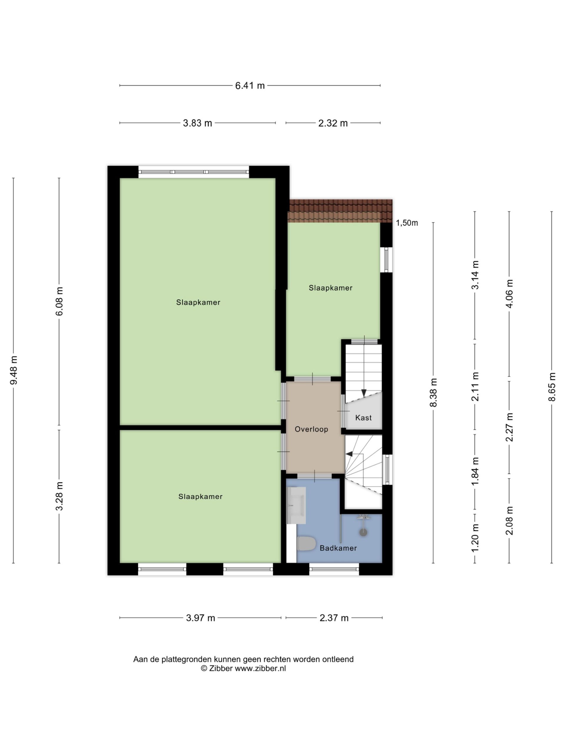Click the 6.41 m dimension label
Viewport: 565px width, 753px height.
[250, 85]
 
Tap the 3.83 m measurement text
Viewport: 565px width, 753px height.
[197, 123]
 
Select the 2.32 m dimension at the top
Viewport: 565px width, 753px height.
[333, 123]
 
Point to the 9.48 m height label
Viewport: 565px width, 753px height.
[14, 370]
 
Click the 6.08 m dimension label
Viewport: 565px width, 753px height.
[59, 301]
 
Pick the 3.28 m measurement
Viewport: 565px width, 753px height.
[59, 496]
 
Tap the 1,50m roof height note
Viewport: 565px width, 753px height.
[407, 223]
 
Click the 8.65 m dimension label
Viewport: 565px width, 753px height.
[551, 387]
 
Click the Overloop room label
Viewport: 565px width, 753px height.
[311, 429]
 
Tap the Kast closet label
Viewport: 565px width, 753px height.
[363, 418]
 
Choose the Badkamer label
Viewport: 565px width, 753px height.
[338, 548]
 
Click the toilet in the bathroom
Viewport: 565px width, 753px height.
[307, 544]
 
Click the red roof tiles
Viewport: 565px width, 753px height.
[340, 211]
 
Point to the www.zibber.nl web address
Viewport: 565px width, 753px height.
[260, 668]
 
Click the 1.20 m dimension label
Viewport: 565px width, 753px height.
[475, 538]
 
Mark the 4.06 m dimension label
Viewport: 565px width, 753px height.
[509, 294]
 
